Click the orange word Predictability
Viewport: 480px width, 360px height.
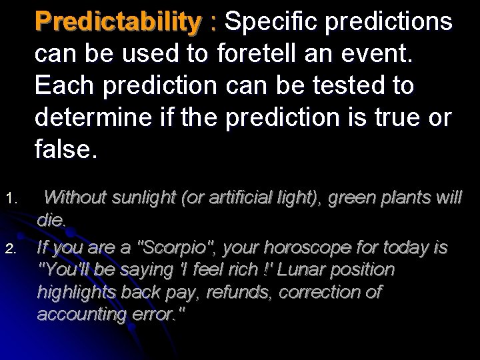tap(117, 22)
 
